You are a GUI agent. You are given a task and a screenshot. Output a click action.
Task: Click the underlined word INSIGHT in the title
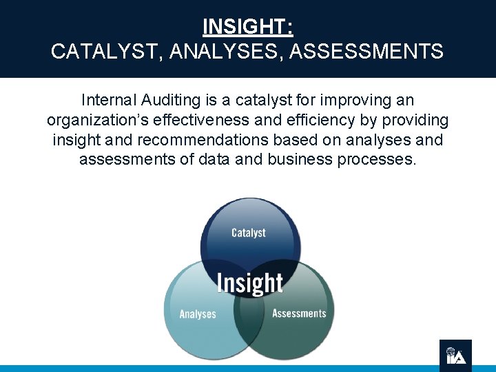click(247, 27)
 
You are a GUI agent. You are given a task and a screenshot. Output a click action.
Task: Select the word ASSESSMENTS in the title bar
click(367, 51)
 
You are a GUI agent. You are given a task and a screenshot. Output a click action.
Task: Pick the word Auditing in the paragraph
click(174, 101)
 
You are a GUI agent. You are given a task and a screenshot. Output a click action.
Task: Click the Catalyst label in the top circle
click(249, 233)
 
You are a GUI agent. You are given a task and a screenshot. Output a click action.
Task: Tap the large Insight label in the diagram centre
click(249, 282)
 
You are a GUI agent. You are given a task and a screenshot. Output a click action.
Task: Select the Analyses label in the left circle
click(198, 314)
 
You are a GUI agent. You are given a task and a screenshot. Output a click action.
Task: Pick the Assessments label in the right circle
click(299, 313)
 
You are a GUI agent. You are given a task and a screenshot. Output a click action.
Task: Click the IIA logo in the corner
click(455, 355)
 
